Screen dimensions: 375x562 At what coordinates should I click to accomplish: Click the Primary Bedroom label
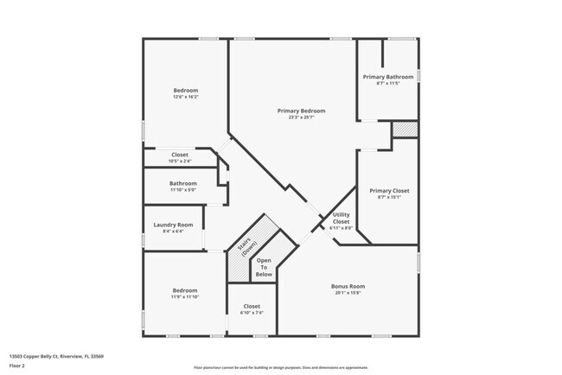[301, 111]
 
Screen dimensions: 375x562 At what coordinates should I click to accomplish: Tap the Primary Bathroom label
[388, 76]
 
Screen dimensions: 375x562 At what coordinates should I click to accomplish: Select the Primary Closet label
[388, 190]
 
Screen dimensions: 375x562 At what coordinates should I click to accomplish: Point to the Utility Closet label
[341, 218]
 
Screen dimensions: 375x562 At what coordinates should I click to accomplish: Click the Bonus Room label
[348, 286]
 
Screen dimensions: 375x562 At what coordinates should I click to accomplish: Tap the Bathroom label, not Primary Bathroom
[183, 182]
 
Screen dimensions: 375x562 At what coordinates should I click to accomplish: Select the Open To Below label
[264, 267]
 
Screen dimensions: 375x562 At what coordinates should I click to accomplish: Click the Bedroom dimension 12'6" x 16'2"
[186, 97]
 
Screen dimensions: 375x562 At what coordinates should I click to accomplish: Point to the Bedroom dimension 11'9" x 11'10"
[185, 297]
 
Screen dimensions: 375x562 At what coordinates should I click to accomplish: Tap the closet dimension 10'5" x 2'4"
[180, 161]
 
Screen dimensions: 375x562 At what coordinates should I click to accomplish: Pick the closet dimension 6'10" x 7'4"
[252, 312]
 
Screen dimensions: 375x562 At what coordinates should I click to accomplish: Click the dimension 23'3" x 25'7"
[301, 118]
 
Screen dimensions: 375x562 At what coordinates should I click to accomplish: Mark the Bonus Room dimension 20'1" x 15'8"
[348, 293]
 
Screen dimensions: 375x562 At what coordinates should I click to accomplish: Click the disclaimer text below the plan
[280, 368]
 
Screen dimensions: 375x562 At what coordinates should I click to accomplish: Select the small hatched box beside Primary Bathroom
[404, 129]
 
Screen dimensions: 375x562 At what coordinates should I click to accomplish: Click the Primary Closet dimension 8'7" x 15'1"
[388, 197]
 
